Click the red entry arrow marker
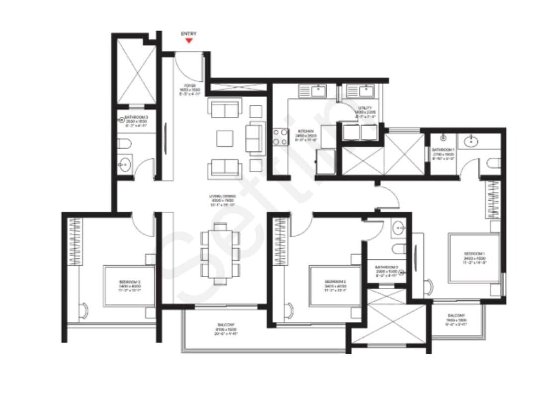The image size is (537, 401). [189, 40]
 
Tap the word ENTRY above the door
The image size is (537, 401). [189, 34]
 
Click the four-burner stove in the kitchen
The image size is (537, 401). [280, 137]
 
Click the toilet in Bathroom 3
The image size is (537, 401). [125, 144]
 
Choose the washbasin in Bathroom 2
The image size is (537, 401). [399, 229]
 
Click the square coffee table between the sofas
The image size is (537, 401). [225, 138]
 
